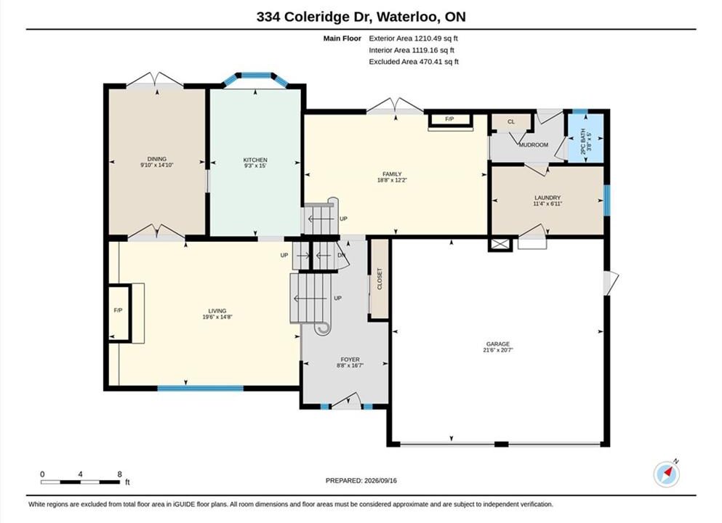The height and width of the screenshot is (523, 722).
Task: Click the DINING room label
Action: tap(156, 158)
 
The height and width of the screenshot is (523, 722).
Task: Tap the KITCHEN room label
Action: tap(255, 160)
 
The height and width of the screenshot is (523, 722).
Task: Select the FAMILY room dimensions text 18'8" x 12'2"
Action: tap(392, 180)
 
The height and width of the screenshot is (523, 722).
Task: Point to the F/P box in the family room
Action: tap(450, 120)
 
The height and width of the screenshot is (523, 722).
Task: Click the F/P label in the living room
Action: tap(118, 310)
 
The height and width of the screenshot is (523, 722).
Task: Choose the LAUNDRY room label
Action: tap(547, 198)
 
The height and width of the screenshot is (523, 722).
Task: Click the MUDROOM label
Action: tap(534, 145)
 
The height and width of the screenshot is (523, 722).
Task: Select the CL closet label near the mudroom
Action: tap(511, 122)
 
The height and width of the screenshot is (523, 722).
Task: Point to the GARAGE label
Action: tap(498, 344)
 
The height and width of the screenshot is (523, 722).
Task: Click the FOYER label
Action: tap(350, 360)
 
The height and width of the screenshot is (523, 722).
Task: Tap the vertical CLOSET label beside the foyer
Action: tap(380, 279)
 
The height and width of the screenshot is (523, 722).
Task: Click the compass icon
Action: tap(666, 474)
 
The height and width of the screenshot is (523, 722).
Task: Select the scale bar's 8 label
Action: tap(120, 474)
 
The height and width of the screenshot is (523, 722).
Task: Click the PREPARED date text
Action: tap(361, 480)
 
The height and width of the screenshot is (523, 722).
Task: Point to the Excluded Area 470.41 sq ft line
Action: tap(414, 62)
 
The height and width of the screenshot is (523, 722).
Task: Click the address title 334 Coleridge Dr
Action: tap(315, 17)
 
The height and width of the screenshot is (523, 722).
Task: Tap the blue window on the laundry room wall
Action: tap(607, 200)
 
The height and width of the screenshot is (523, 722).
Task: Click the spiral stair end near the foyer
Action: tap(322, 328)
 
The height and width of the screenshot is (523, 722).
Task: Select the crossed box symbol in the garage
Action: tap(500, 244)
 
